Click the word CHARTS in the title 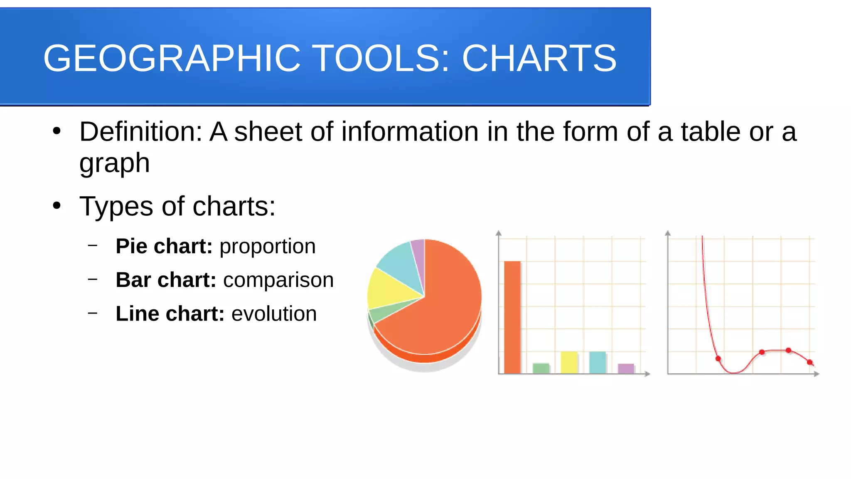coord(539,58)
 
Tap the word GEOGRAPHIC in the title coord(172,58)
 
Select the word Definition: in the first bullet coord(140,132)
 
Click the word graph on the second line coord(114,163)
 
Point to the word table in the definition coord(711,132)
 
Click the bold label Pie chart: coord(164,246)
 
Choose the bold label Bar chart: coord(166,280)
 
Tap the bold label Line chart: coord(170,314)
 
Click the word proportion coord(268,246)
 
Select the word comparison coord(278,280)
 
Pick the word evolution coord(274,314)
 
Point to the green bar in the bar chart coord(541,368)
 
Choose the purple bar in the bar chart coord(626,369)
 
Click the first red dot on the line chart coord(718,358)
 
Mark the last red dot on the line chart coord(809,362)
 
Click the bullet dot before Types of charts coord(57,205)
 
